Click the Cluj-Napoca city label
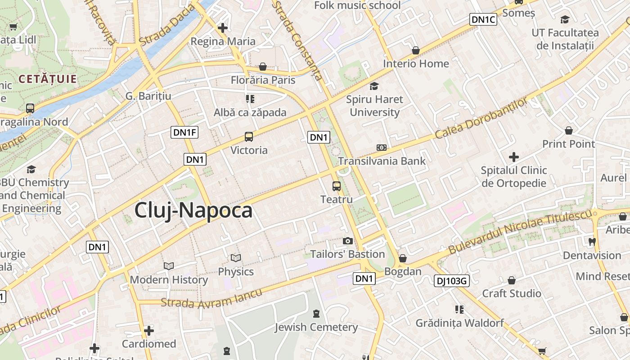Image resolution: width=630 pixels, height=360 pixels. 193,210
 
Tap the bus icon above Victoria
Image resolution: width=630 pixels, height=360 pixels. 249,137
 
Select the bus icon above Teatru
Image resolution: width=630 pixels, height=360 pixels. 337,186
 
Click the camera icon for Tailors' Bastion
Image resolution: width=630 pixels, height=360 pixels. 347,241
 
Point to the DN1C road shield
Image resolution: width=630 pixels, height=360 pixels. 483,19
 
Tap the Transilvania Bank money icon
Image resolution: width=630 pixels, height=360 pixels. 382,148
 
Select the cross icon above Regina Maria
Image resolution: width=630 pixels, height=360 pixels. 222,28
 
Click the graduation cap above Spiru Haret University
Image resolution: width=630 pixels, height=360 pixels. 374,86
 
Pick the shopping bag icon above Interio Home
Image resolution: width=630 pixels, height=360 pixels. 416,50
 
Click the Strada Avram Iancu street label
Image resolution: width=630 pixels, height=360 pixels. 211,298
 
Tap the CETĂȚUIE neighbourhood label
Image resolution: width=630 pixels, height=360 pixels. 48,79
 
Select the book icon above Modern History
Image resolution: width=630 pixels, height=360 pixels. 169,266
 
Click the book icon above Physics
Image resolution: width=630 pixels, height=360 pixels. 236,258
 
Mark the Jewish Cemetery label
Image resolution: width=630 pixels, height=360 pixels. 316,327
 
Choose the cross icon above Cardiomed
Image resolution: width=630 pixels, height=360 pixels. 149,331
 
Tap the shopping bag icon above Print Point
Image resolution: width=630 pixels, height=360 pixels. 569,131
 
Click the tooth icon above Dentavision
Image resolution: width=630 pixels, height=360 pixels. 592,242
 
